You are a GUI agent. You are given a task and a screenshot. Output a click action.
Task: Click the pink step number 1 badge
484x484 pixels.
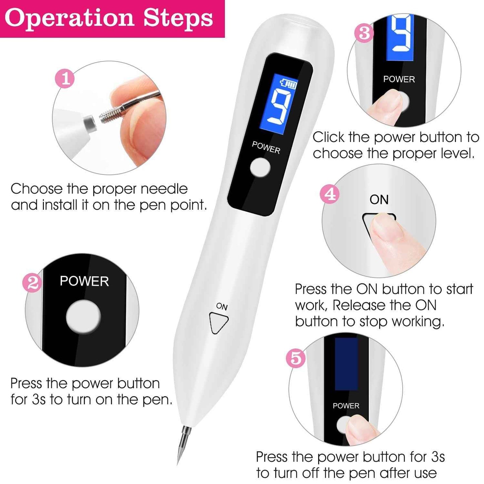[x=65, y=78]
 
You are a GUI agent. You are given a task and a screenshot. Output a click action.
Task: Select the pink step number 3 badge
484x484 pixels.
[x=364, y=33]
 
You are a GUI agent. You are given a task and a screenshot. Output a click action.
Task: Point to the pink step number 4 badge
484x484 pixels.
[x=330, y=194]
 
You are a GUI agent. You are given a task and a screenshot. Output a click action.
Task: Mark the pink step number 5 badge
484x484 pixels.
[x=296, y=358]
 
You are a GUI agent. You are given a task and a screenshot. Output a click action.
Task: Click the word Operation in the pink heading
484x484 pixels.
[x=69, y=18]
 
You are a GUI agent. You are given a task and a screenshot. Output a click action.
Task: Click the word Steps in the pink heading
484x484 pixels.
[x=178, y=18]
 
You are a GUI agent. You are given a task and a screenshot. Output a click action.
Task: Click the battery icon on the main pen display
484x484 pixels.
[x=289, y=83]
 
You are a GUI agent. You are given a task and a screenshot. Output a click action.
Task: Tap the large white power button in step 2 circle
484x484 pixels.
[x=83, y=317]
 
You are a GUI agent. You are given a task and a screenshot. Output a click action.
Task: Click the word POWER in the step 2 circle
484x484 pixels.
[x=84, y=281]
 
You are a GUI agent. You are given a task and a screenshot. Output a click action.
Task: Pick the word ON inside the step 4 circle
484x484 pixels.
[x=379, y=200]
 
